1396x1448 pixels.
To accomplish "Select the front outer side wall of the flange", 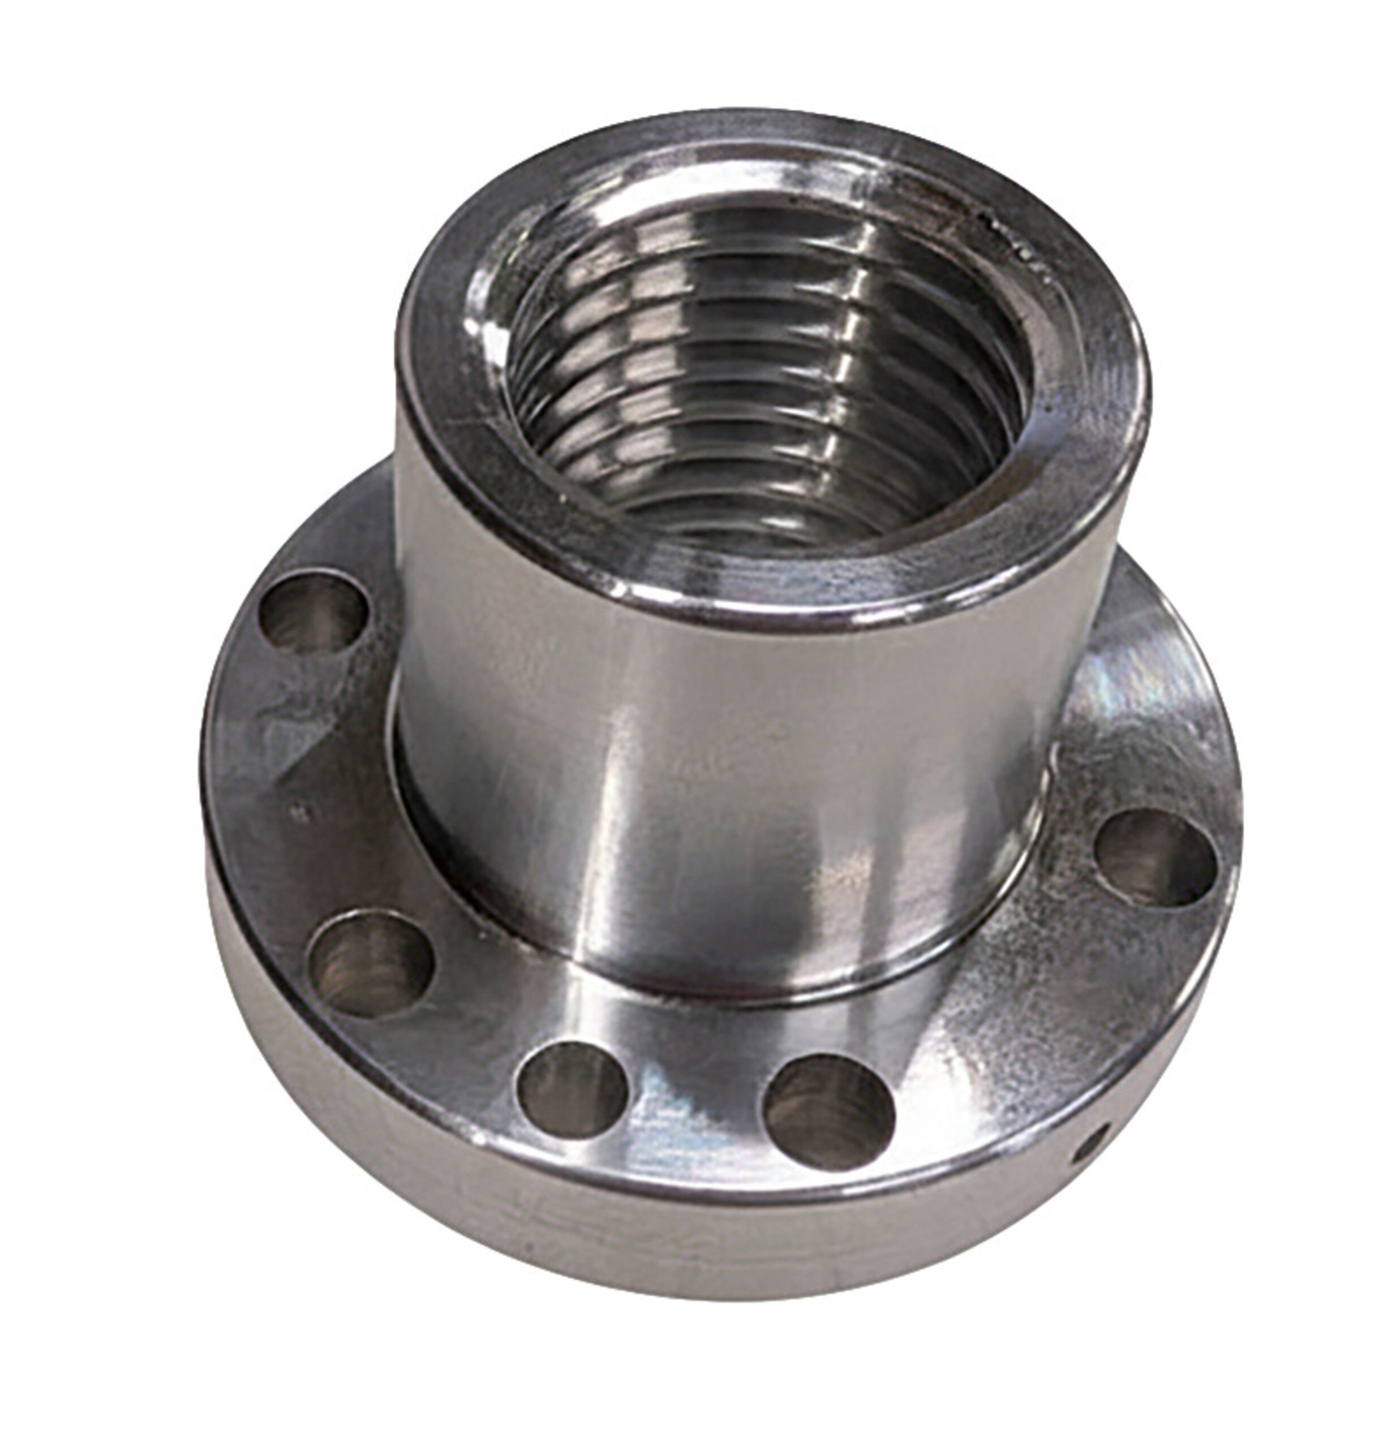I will tap(665, 1241).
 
